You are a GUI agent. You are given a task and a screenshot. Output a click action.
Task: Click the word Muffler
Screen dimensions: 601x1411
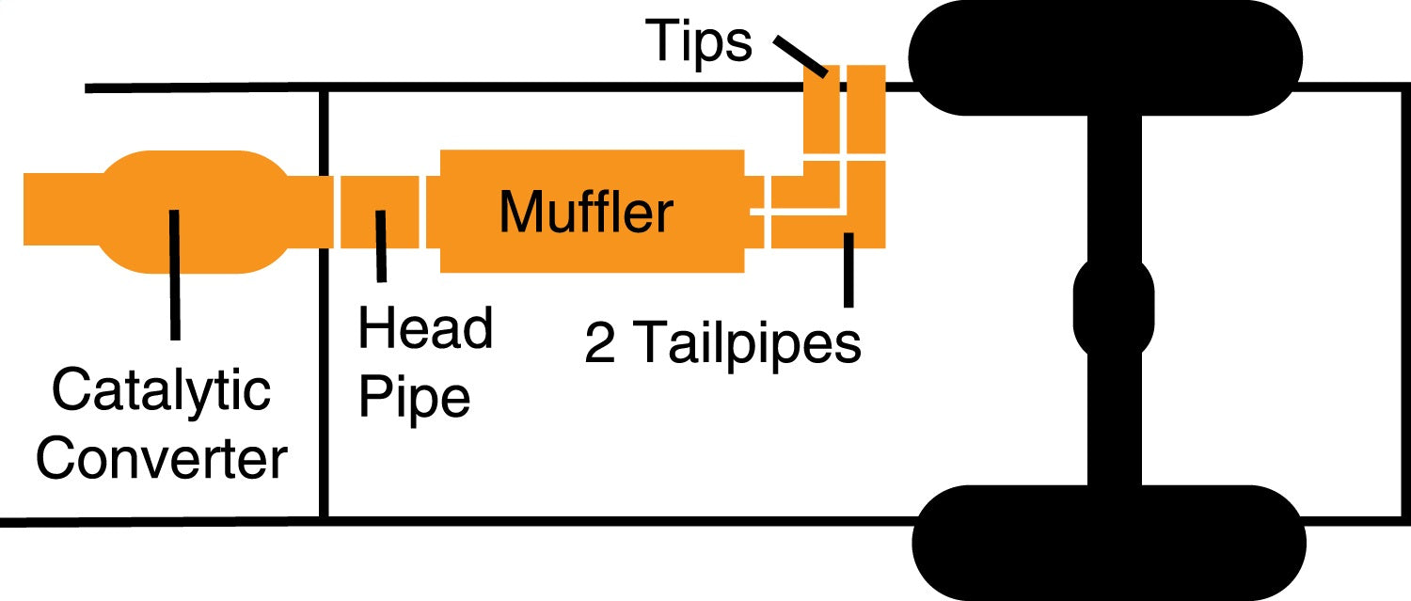(x=585, y=212)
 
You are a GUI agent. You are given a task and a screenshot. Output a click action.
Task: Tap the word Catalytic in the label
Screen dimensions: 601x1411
(x=161, y=391)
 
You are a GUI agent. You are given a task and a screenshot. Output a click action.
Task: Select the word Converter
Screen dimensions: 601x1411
(x=161, y=460)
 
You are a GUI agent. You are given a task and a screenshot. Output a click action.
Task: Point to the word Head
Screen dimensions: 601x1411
(x=425, y=329)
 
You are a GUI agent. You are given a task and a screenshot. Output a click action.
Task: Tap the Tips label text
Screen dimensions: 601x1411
(x=699, y=42)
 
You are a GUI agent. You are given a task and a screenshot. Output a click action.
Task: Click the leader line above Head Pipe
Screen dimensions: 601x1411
(x=380, y=246)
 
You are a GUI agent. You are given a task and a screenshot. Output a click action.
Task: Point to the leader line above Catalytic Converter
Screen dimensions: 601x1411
(x=173, y=273)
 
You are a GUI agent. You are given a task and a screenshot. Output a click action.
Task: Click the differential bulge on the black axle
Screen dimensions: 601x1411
(x=1114, y=307)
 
